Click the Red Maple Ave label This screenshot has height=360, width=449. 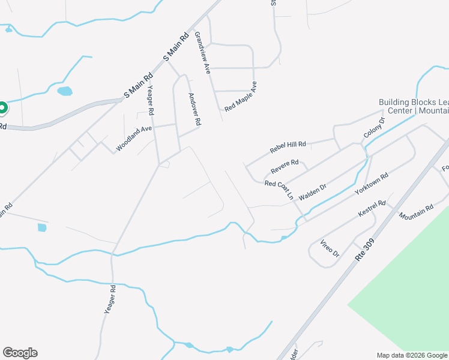coord(241,97)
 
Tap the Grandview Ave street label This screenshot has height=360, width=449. coord(202,52)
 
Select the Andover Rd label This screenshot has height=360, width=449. coord(194,109)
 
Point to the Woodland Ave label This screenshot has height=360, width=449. coord(134,138)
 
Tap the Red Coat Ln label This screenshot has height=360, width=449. coord(280,190)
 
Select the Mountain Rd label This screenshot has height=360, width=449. coord(416,212)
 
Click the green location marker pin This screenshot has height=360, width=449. coord(2,109)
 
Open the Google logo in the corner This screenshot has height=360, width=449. coord(20,353)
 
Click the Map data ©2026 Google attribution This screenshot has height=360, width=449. coord(412,355)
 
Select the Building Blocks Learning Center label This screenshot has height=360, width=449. coord(414,106)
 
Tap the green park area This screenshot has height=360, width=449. coord(408,282)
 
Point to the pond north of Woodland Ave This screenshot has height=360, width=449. coord(64,91)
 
